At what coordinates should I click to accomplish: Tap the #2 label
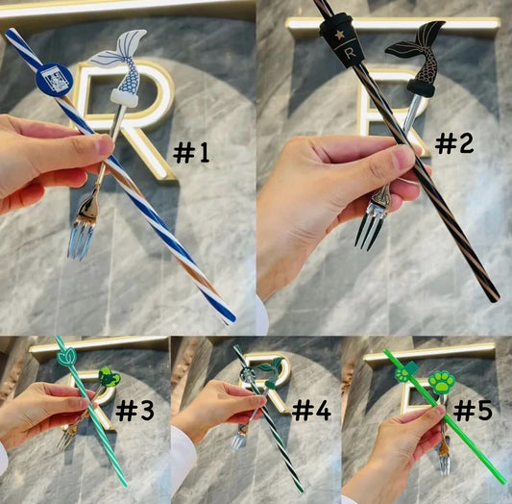(x=454, y=144)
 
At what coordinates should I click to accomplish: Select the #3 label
(x=134, y=411)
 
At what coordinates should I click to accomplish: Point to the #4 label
(x=311, y=411)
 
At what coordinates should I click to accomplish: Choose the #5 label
(x=474, y=411)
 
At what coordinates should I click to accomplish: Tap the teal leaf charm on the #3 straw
(x=66, y=357)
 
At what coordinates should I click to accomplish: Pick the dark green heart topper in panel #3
(x=110, y=378)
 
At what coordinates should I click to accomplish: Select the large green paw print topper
(x=442, y=383)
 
